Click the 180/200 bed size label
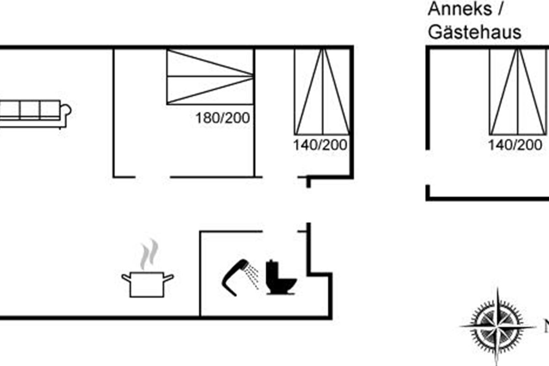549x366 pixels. point(222,118)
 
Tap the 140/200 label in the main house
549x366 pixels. point(320,145)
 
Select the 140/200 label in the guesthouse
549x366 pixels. point(515,145)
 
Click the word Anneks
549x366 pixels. point(460,9)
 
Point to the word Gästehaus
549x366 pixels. point(474,32)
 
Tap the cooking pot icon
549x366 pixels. point(147,285)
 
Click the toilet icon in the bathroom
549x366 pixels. point(281,277)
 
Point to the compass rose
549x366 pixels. point(497,327)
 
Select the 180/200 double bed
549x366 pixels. point(210,77)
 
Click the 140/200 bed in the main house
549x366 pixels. point(322,92)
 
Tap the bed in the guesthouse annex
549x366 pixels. point(518,92)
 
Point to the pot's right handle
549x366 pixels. point(169,278)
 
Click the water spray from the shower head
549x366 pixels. point(253,276)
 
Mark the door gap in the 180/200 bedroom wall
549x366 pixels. point(153,177)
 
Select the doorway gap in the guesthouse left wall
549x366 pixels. point(428,167)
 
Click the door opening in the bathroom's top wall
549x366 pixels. point(280,231)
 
